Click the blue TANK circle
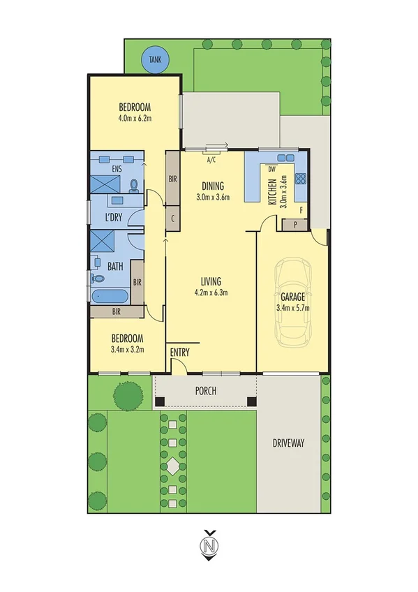pos(154,60)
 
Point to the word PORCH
pos(207,392)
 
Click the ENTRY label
pos(179,353)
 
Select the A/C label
pos(211,159)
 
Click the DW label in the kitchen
pos(271,168)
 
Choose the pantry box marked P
pos(295,224)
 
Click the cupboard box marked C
pos(172,218)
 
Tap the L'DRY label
pos(113,218)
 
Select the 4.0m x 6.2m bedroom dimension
pos(135,118)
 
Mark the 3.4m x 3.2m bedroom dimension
pos(127,349)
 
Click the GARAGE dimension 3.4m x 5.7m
pos(293,306)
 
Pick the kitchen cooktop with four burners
pos(301,178)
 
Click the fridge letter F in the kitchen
pos(301,209)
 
